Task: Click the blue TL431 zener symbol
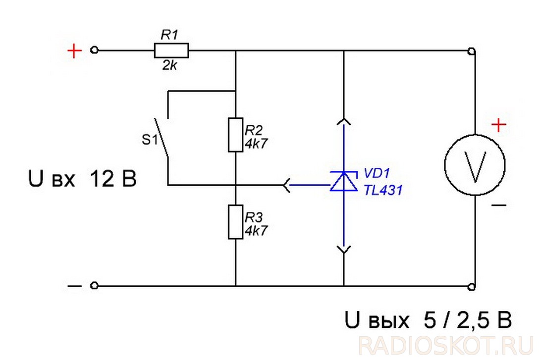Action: (x=344, y=181)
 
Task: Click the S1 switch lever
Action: (x=161, y=137)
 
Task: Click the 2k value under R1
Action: (x=170, y=65)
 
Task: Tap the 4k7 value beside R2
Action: (x=256, y=143)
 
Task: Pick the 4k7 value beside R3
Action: (x=256, y=230)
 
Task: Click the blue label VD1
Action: (x=377, y=173)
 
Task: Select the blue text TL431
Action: (x=383, y=190)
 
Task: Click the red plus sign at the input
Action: (x=74, y=51)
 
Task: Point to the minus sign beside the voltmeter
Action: (x=499, y=205)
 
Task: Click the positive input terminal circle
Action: (x=94, y=51)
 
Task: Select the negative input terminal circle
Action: (x=94, y=285)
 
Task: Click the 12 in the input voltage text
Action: (x=102, y=179)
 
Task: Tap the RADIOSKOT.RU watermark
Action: (x=445, y=346)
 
